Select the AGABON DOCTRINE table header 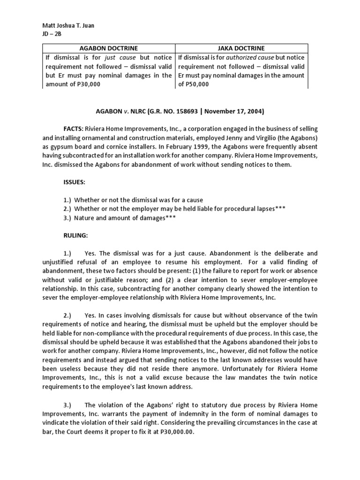pyautogui.click(x=109, y=48)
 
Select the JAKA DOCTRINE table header pyautogui.click(x=241, y=48)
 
